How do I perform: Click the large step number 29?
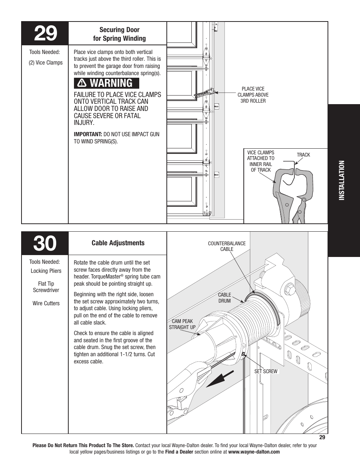(x=45, y=34)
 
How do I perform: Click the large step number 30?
(x=45, y=244)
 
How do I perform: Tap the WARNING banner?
(x=106, y=83)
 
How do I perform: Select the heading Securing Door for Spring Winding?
(x=119, y=34)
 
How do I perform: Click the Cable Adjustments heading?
(x=118, y=243)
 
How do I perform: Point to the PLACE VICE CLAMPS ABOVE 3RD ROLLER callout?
(x=253, y=95)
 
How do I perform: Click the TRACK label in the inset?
(x=303, y=155)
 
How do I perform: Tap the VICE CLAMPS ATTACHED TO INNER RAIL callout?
(x=261, y=161)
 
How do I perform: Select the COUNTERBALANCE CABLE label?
(x=227, y=246)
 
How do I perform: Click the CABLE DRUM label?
(x=225, y=298)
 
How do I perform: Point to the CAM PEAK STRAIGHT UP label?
(x=182, y=324)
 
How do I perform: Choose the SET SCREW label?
(x=266, y=371)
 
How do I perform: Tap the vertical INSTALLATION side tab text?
(x=342, y=181)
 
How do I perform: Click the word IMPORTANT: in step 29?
(x=88, y=134)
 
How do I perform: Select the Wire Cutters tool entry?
(x=46, y=303)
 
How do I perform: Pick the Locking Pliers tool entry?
(x=46, y=271)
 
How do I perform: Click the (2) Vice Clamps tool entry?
(x=46, y=63)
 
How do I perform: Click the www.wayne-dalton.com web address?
(x=254, y=452)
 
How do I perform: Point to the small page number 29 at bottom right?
(x=322, y=437)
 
